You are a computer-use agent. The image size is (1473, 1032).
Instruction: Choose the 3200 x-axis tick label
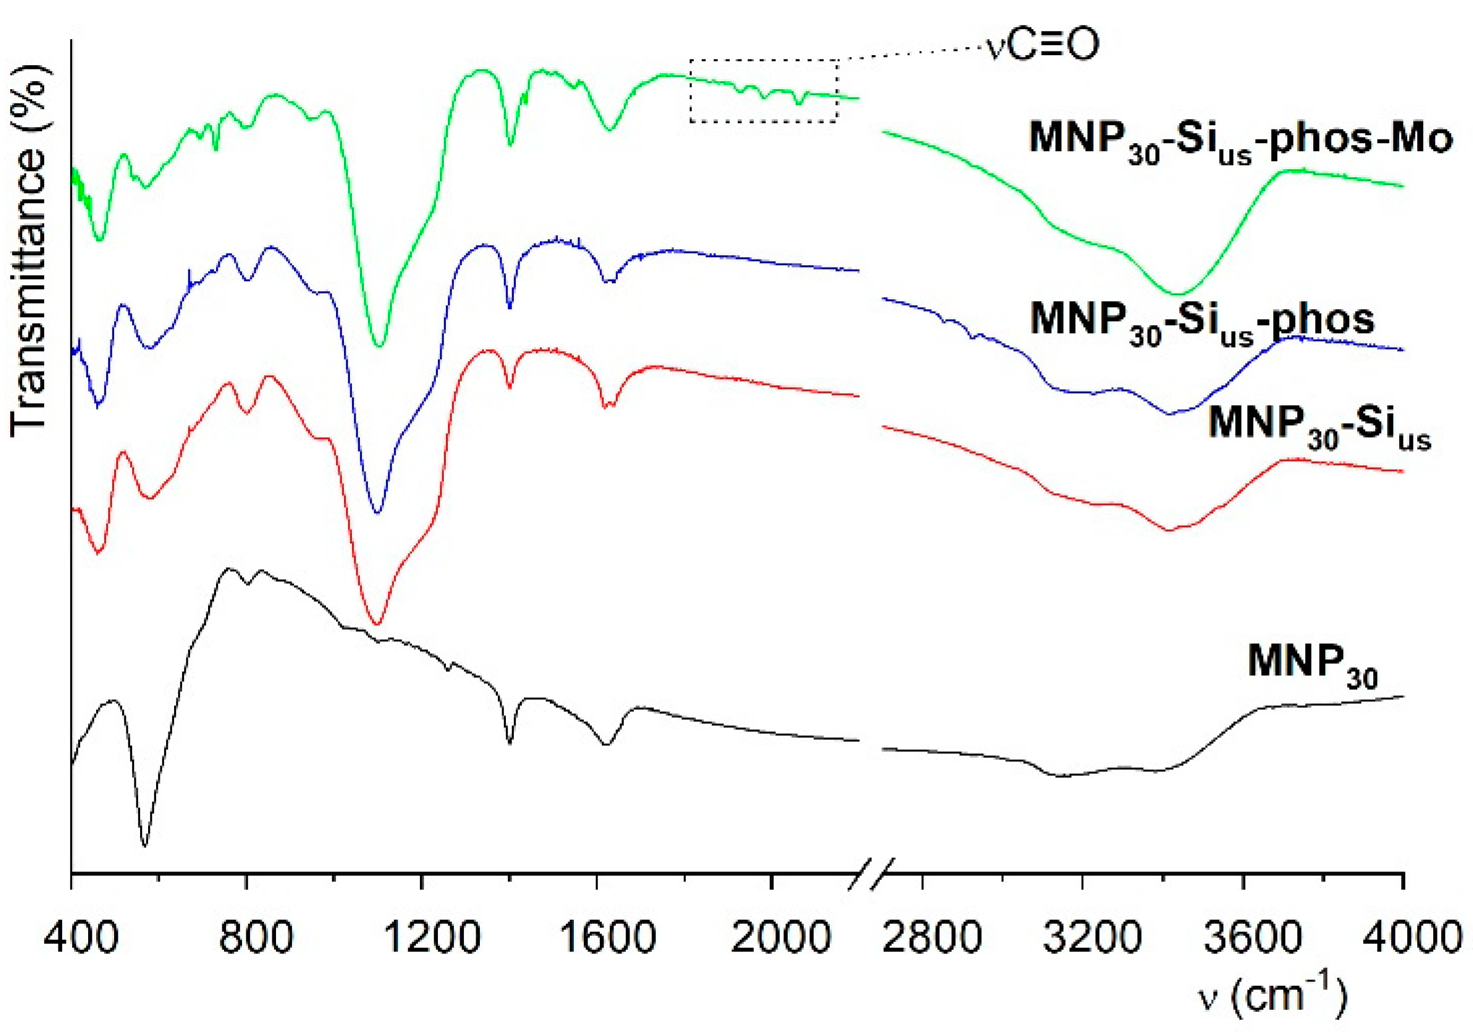coord(1082,939)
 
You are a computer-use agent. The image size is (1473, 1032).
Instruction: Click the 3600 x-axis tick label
coord(1243,939)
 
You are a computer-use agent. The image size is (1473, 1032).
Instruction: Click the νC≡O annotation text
coord(1043,45)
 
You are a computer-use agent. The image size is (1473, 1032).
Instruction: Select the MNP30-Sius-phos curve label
coord(1202,323)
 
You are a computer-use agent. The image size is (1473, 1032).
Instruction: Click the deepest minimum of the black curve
coord(144,845)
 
